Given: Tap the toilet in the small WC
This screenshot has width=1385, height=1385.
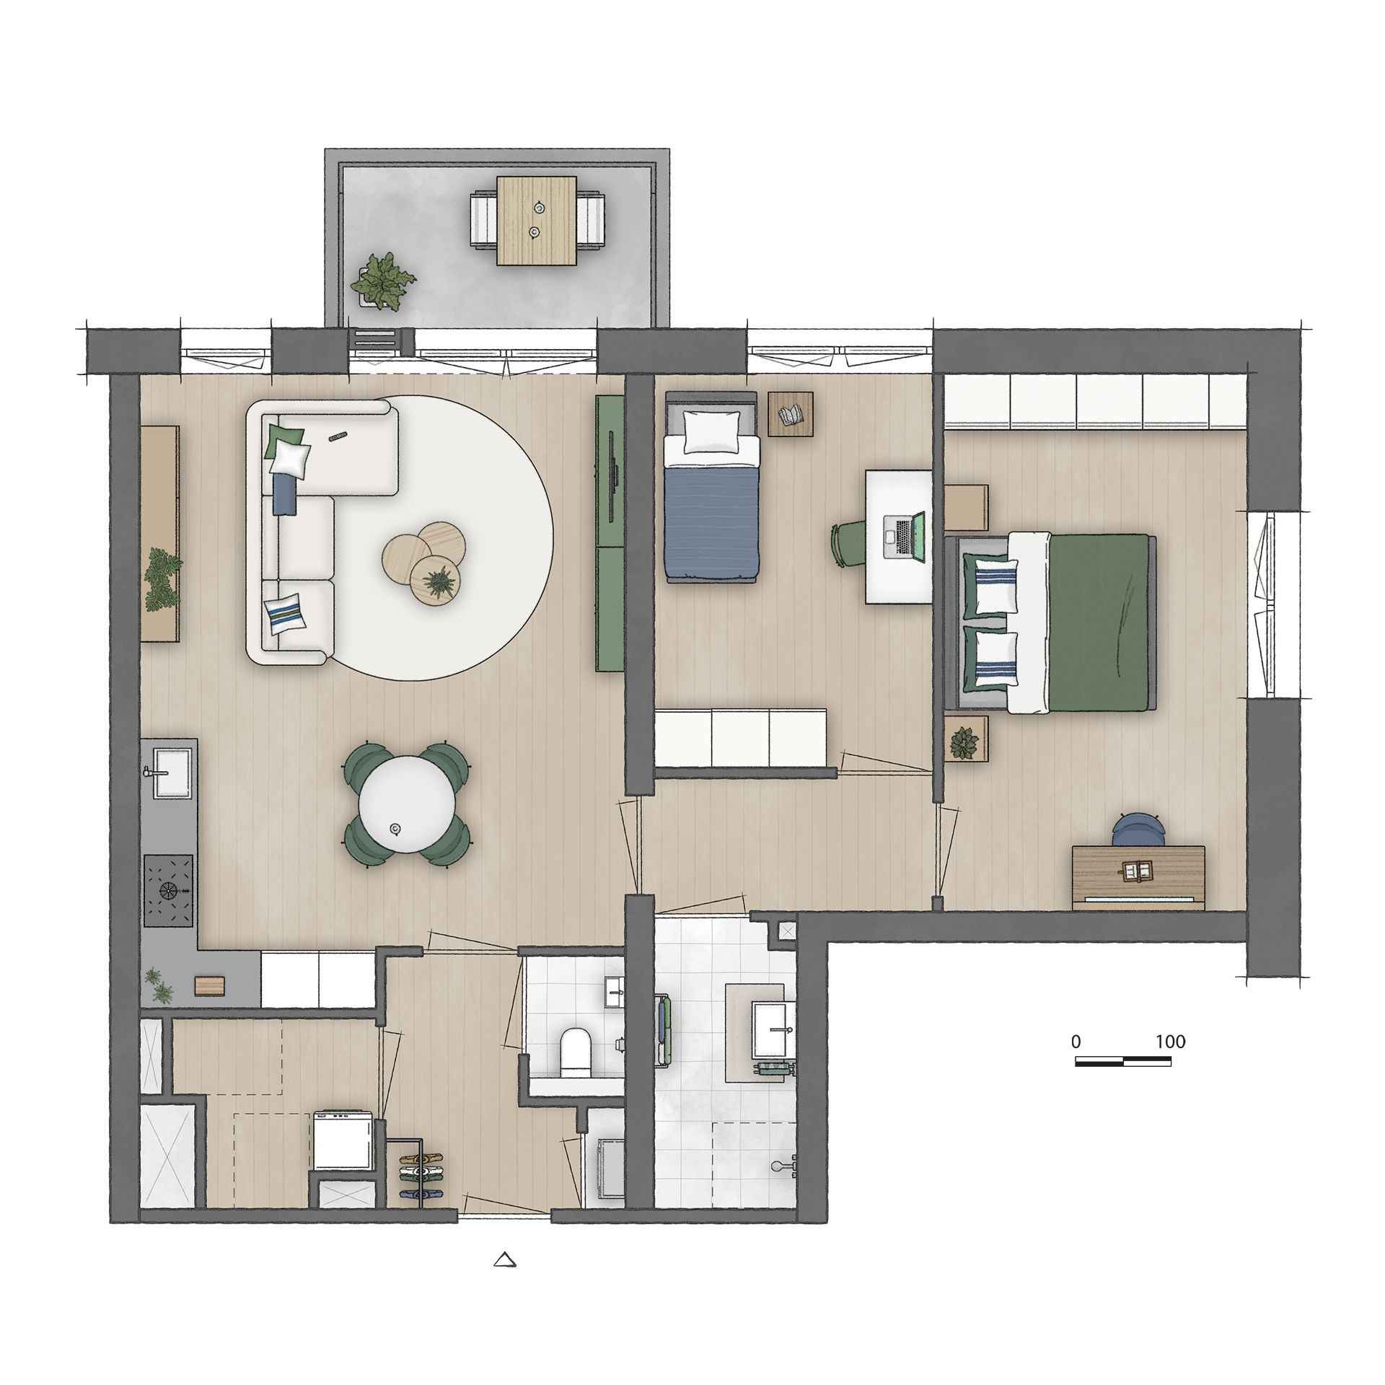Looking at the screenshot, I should pyautogui.click(x=575, y=1055).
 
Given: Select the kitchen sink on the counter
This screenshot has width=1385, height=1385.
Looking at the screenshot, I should pyautogui.click(x=171, y=772).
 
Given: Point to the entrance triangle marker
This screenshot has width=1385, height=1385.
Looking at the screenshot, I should pyautogui.click(x=506, y=1280).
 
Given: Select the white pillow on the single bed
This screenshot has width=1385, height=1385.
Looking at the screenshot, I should pyautogui.click(x=711, y=432).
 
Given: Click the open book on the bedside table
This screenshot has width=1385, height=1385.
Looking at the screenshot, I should pyautogui.click(x=790, y=414).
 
